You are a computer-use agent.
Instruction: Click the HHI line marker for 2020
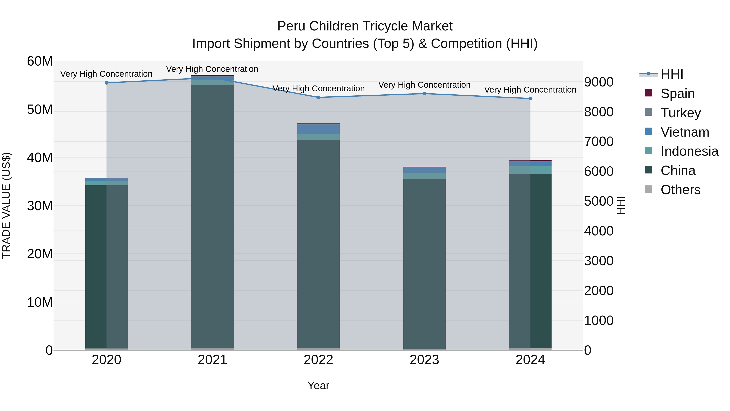click(106, 83)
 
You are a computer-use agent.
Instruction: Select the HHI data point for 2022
click(318, 97)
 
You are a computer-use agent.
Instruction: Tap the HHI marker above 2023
click(424, 94)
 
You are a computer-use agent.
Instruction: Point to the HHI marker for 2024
click(530, 98)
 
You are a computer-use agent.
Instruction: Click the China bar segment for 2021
click(212, 216)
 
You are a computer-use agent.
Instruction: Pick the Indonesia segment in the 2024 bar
click(530, 170)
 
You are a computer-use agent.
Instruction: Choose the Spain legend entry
click(677, 94)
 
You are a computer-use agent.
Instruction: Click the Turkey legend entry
click(680, 113)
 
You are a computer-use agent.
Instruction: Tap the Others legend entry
click(680, 190)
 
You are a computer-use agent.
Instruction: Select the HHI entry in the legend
click(672, 74)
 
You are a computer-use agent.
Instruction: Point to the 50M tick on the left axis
click(40, 109)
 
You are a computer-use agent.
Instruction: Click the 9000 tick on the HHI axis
click(599, 82)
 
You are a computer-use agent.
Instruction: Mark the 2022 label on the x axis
click(318, 360)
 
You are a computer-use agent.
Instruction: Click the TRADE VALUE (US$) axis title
click(6, 205)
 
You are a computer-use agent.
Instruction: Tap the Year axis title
click(318, 385)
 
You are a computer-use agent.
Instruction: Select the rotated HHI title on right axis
click(621, 205)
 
